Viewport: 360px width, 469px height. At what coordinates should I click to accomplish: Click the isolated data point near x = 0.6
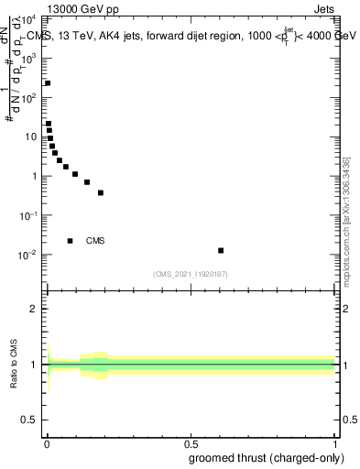pos(221,250)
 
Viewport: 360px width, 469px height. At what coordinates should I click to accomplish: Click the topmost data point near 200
pos(48,83)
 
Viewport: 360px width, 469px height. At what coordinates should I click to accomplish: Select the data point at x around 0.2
pos(101,192)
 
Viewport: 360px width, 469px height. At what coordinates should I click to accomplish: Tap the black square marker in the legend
pos(71,241)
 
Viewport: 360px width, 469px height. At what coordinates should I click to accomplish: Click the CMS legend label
pos(95,241)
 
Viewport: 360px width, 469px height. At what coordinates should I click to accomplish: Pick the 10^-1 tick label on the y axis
pos(32,214)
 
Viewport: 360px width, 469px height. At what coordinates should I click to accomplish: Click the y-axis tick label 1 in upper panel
pos(38,176)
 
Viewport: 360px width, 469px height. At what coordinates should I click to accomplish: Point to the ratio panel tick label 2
pos(38,309)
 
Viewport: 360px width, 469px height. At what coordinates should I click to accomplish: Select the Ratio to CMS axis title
pos(14,365)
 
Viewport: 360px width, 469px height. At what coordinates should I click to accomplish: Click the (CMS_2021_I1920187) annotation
pos(191,274)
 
